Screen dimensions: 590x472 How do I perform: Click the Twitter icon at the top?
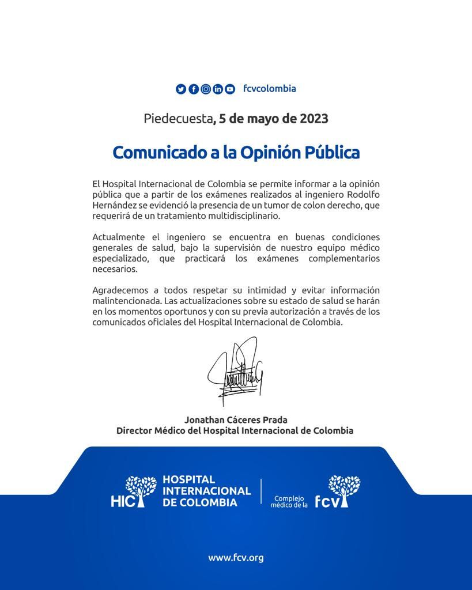coord(181,89)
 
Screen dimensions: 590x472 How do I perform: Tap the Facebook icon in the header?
coord(194,89)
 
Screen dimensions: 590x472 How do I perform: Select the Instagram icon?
coord(206,89)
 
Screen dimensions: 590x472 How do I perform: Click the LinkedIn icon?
coord(218,89)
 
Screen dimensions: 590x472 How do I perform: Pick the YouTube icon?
coord(230,89)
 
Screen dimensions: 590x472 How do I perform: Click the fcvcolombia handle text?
coord(270,89)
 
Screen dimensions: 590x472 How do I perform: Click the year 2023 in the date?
coord(314,119)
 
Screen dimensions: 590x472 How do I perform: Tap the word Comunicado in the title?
coord(151,153)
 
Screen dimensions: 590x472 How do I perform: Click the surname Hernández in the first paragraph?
coord(114,206)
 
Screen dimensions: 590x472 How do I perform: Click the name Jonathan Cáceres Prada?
coord(236,420)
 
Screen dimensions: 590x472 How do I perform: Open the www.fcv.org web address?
coord(236,558)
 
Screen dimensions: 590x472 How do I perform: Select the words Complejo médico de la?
coord(289,502)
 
